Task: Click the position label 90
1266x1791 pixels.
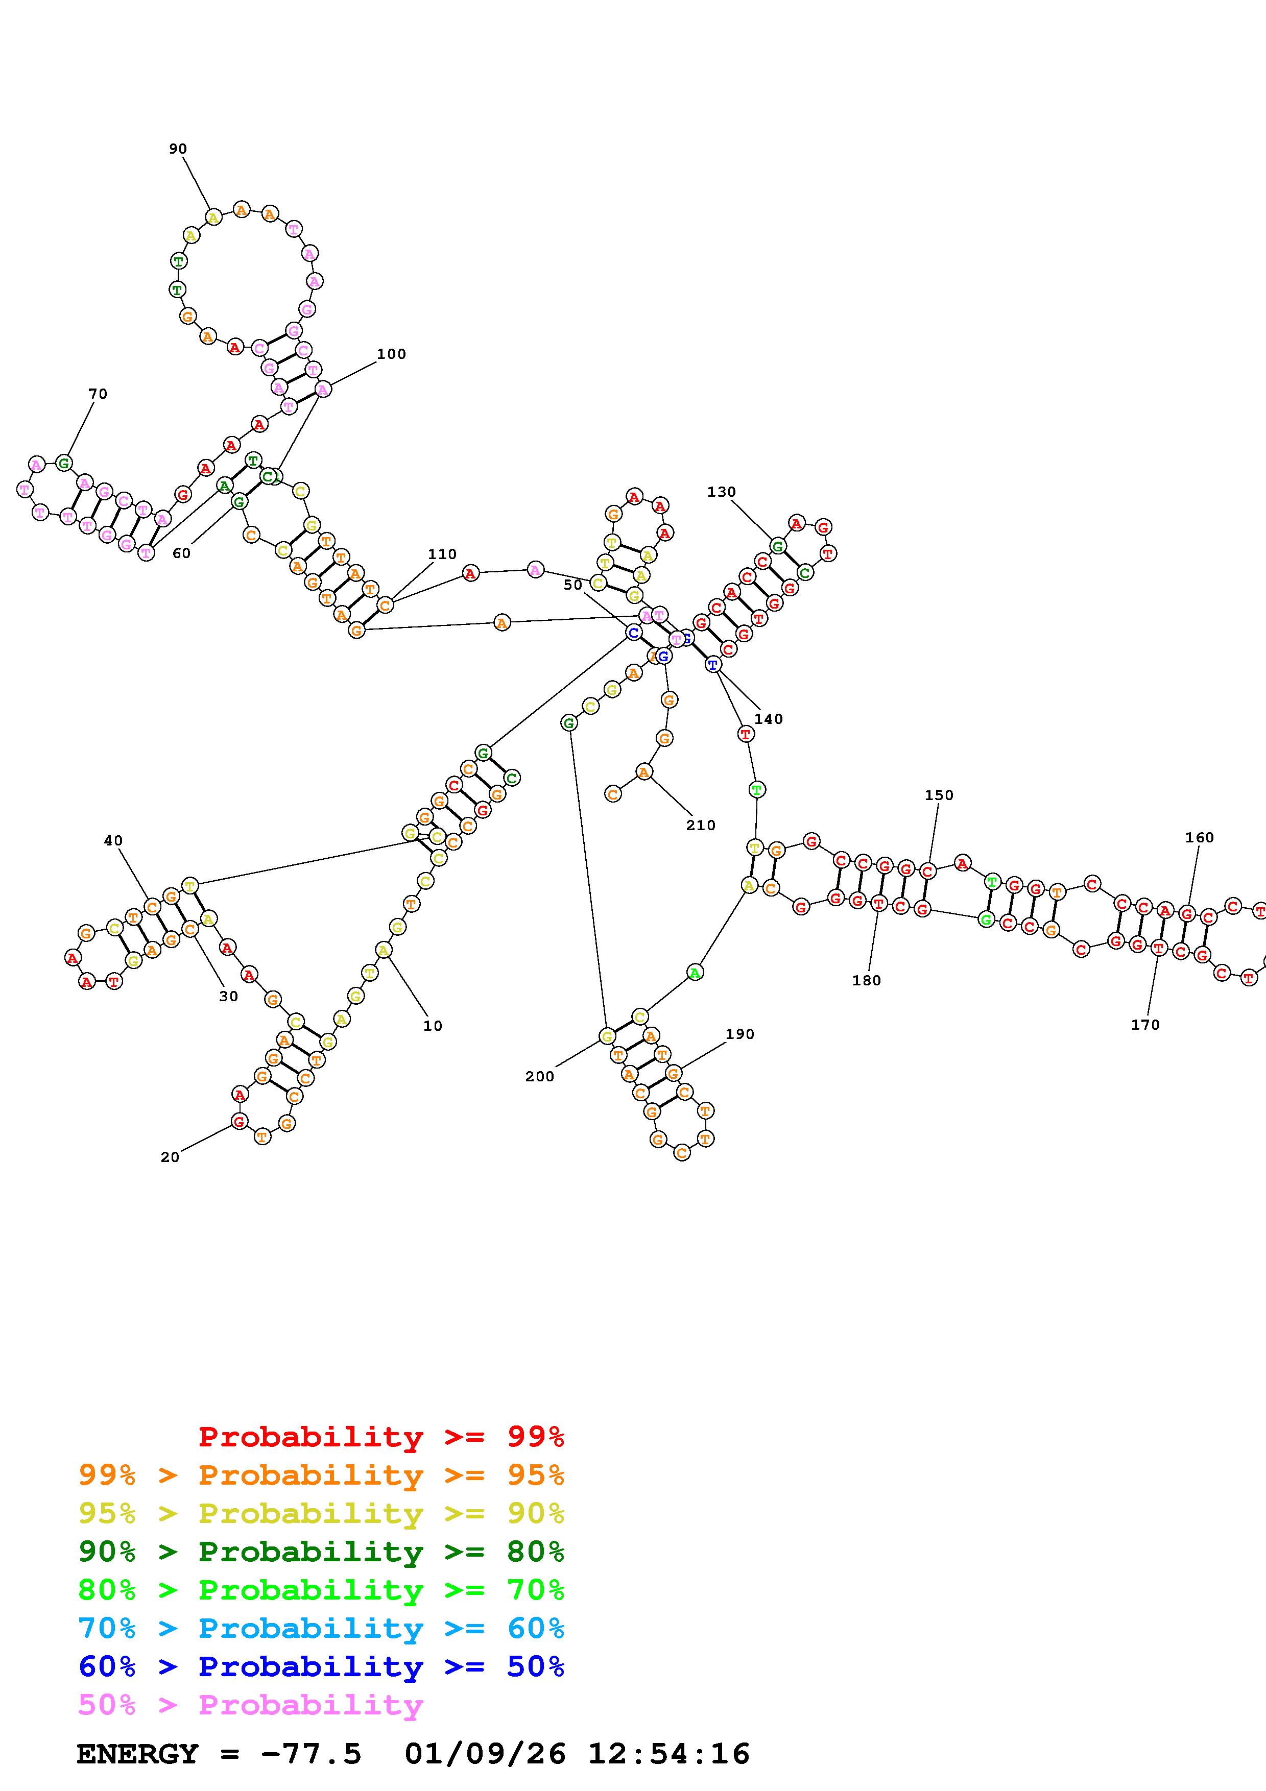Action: coord(178,149)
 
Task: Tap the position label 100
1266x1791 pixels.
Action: coord(392,354)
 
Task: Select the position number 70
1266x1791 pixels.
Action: coord(98,394)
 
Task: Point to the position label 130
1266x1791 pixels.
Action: coord(722,492)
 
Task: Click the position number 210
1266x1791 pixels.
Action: coord(701,825)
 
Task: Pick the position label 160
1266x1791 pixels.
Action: coord(1200,838)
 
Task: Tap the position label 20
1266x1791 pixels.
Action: coord(170,1157)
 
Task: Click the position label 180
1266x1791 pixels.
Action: coord(867,981)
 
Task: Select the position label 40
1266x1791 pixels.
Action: coord(113,841)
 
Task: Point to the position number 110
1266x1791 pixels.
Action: coord(442,554)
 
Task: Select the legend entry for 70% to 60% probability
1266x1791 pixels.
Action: coord(321,1629)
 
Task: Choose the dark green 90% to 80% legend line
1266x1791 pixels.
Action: coord(321,1552)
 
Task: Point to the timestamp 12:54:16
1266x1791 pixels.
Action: coord(668,1754)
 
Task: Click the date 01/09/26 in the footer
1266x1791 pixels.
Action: coord(485,1754)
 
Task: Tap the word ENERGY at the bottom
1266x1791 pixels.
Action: coord(137,1754)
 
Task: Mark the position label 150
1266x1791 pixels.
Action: coord(939,795)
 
